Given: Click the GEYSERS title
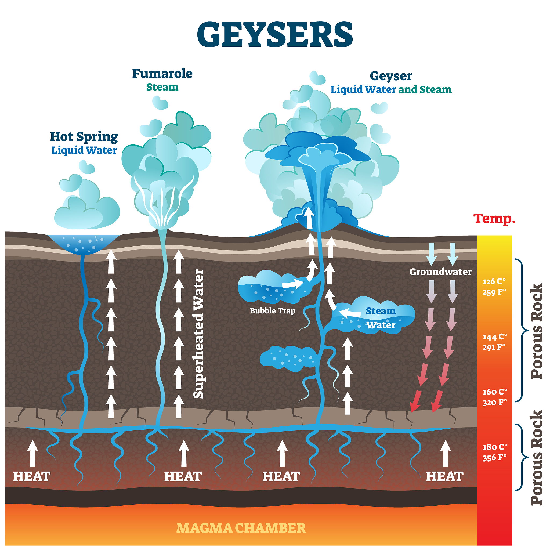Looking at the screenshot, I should pyautogui.click(x=275, y=35).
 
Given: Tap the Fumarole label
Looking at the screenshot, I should pyautogui.click(x=162, y=73).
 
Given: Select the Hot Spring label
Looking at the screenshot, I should pyautogui.click(x=84, y=137).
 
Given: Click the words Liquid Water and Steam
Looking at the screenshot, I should pyautogui.click(x=390, y=89).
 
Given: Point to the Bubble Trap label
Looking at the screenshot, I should pyautogui.click(x=272, y=311).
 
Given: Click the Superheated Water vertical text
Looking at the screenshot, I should pyautogui.click(x=199, y=334).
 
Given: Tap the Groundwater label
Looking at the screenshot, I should pyautogui.click(x=440, y=272).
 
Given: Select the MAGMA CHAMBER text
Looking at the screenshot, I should pyautogui.click(x=241, y=528).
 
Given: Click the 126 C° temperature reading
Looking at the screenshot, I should pyautogui.click(x=494, y=281).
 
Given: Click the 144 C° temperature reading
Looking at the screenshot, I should pyautogui.click(x=495, y=337).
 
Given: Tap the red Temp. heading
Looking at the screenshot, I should pyautogui.click(x=494, y=219).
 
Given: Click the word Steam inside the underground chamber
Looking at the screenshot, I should pyautogui.click(x=381, y=311).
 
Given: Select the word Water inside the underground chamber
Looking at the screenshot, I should pyautogui.click(x=381, y=325).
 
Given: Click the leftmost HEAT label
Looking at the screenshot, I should pyautogui.click(x=32, y=477).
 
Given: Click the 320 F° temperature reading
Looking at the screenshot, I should pyautogui.click(x=494, y=402).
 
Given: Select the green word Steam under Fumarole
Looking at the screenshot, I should pyautogui.click(x=162, y=87).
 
